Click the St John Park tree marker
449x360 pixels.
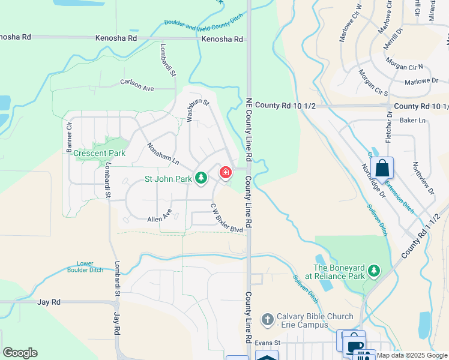point(201,178)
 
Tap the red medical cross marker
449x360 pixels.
point(226,173)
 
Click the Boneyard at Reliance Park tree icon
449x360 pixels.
point(374,271)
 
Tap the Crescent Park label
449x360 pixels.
point(99,153)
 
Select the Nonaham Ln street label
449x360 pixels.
point(163,154)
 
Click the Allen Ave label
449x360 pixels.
point(159,216)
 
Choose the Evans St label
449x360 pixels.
point(268,343)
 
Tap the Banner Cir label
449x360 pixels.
point(69,136)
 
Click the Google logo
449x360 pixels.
point(20,353)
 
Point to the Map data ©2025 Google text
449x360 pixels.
point(412,356)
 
